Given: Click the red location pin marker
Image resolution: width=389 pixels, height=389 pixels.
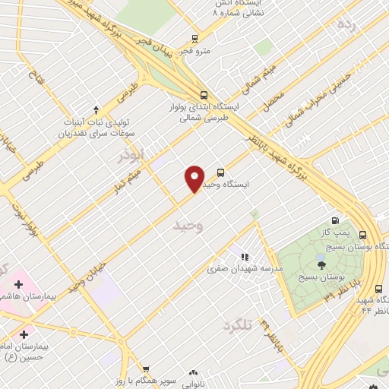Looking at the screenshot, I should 194,178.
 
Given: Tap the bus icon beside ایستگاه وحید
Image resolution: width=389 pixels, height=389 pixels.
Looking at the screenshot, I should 221,172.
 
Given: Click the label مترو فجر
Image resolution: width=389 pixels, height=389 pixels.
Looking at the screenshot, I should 195,50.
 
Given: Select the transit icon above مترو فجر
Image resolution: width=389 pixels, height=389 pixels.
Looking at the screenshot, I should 195,38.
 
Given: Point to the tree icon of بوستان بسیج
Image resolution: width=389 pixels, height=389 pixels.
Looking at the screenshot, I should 322,264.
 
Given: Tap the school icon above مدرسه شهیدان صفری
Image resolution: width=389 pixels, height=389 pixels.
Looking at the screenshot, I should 245,258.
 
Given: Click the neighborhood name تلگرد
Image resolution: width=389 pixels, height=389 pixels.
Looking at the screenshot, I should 237,326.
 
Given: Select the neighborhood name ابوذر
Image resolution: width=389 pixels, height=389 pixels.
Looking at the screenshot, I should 129,156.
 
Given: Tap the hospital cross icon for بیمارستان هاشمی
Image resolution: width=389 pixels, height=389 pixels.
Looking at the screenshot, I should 19,283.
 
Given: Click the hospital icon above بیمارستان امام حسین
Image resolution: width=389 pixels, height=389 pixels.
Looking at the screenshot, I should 24,334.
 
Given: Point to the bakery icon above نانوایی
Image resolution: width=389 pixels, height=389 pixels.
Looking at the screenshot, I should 193,372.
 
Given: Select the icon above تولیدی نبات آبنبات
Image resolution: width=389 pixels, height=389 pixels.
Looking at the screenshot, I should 95,109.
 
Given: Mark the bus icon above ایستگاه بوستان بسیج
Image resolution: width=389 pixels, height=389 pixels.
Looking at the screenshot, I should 362,235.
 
